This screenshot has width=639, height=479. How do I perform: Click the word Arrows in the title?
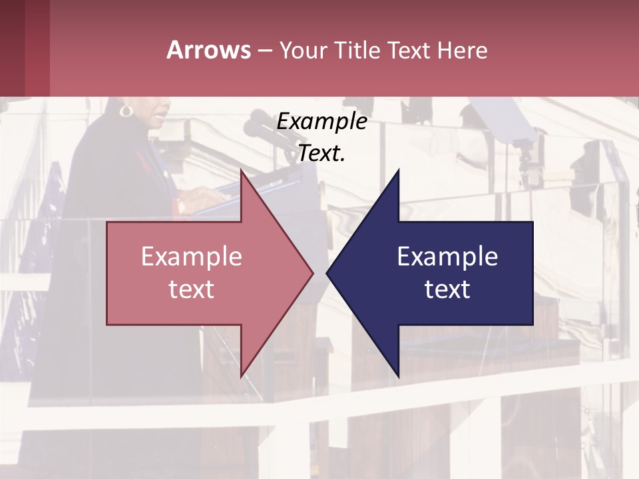pos(208,50)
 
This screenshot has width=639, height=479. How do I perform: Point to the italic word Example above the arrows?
pos(321,121)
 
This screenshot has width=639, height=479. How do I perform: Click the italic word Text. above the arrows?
pos(321,154)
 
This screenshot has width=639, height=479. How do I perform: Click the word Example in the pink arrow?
pos(191,257)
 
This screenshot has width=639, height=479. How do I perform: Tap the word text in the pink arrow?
pos(191,289)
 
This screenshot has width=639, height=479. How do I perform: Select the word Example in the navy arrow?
pos(447,257)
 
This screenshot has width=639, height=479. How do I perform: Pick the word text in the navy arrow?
pos(447,289)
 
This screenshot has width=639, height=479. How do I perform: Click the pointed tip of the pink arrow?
pos(312,273)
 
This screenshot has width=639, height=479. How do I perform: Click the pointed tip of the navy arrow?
pos(327,273)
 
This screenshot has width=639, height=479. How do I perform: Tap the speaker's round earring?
pos(126,110)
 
